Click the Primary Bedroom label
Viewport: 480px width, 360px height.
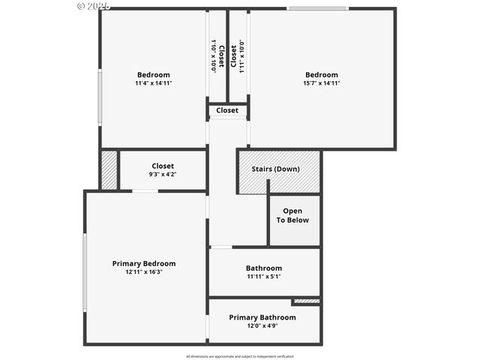[x=144, y=263]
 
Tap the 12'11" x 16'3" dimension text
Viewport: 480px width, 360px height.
[x=144, y=272]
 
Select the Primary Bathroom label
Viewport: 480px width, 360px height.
[x=262, y=317]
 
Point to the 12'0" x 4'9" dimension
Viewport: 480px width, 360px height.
[x=262, y=326]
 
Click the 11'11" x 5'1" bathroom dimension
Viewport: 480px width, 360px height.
[x=264, y=277]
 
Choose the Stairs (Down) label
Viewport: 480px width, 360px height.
[x=275, y=169]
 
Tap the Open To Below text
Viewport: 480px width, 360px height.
[x=292, y=215]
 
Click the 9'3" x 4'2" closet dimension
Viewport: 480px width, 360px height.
[x=163, y=175]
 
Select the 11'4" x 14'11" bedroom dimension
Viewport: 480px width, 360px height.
[x=154, y=83]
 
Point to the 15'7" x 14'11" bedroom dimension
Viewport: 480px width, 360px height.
[x=322, y=83]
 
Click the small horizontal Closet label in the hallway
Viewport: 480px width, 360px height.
[x=227, y=110]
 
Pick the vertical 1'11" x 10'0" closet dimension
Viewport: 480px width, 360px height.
[x=241, y=55]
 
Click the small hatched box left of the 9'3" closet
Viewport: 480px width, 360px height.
[x=109, y=170]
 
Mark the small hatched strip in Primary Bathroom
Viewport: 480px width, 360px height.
[x=306, y=301]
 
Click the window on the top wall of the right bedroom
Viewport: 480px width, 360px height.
[x=318, y=9]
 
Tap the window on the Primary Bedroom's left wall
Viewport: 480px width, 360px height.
[x=85, y=271]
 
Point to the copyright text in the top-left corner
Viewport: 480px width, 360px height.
[x=94, y=5]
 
